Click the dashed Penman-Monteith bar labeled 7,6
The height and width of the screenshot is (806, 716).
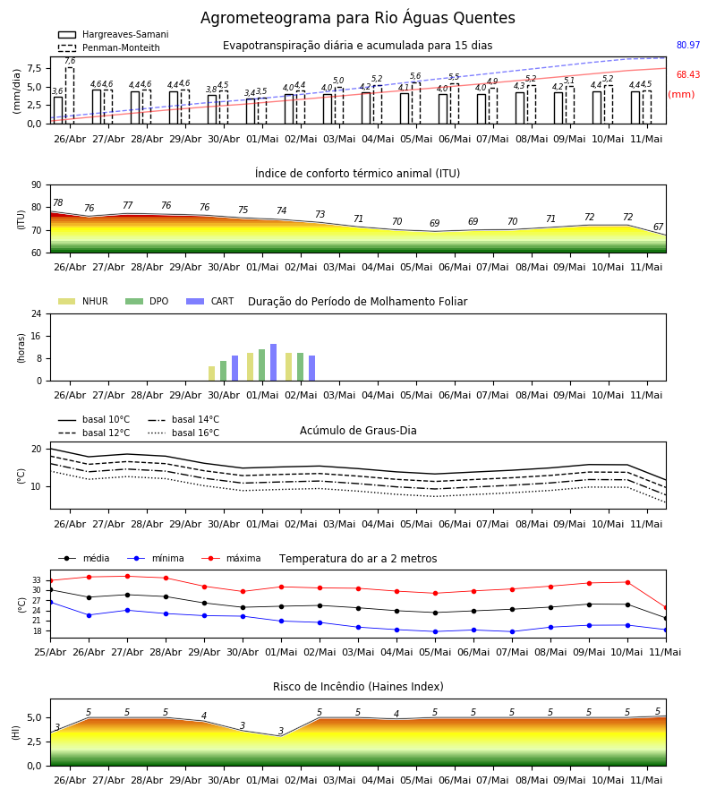pos(69,96)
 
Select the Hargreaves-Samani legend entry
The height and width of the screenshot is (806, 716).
pos(114,34)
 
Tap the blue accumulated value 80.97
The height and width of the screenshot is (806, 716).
pos(688,46)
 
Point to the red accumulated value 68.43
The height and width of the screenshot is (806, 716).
pos(688,74)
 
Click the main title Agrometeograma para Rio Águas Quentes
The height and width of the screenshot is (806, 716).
pos(357,18)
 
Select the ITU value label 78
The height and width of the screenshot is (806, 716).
pos(58,202)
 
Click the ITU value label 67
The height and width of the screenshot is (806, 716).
pos(658,227)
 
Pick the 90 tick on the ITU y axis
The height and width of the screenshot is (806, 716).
pos(37,185)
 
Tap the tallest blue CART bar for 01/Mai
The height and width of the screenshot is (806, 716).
pos(273,363)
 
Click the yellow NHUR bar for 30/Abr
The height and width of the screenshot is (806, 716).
pos(211,373)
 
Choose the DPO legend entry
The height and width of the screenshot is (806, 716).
pos(147,301)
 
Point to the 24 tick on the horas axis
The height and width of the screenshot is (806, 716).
pos(37,313)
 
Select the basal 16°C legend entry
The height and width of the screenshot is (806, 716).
pos(183,433)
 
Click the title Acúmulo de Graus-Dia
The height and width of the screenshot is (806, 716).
pos(358,431)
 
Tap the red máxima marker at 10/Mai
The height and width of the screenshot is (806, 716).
pos(627,582)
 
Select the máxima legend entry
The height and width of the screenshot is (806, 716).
pos(231,558)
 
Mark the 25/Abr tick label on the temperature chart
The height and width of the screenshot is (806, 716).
pos(50,652)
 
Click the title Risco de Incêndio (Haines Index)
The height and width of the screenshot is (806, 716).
pos(358,687)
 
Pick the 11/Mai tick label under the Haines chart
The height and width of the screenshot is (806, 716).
pos(646,780)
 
